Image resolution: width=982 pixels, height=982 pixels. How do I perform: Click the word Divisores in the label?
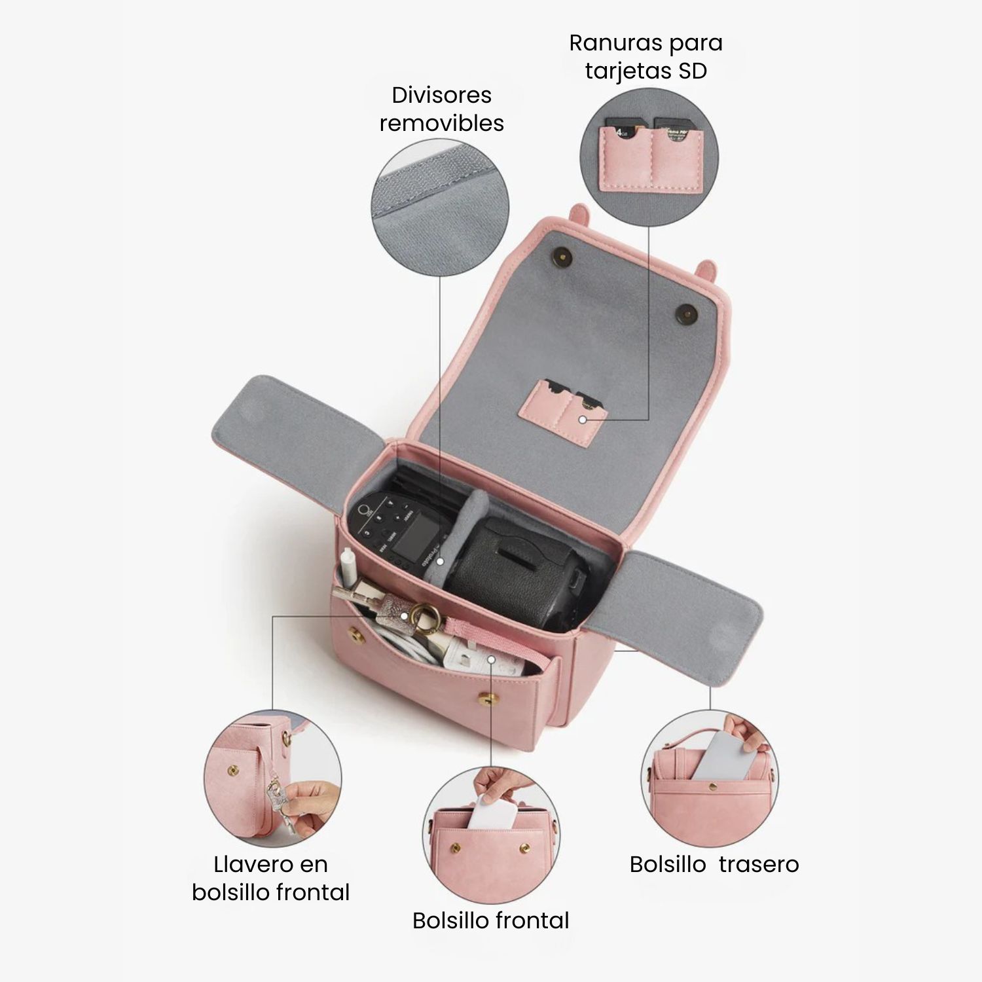point(441,95)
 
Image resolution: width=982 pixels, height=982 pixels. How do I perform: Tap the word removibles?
point(442,123)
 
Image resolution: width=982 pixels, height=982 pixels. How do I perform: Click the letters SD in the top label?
point(693,71)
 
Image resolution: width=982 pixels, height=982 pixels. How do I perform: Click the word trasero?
point(759,864)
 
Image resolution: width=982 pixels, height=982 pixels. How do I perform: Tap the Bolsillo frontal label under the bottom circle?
point(491,920)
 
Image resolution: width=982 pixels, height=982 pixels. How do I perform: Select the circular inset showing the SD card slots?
point(649,158)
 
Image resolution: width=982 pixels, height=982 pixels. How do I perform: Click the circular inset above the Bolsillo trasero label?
point(710,778)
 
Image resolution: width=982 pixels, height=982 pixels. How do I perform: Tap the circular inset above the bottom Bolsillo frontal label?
point(492,836)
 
